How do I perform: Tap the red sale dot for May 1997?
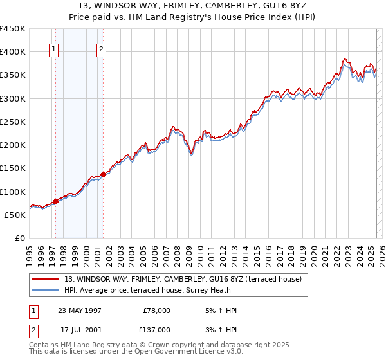click(x=55, y=201)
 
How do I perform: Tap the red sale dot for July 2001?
click(x=103, y=174)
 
